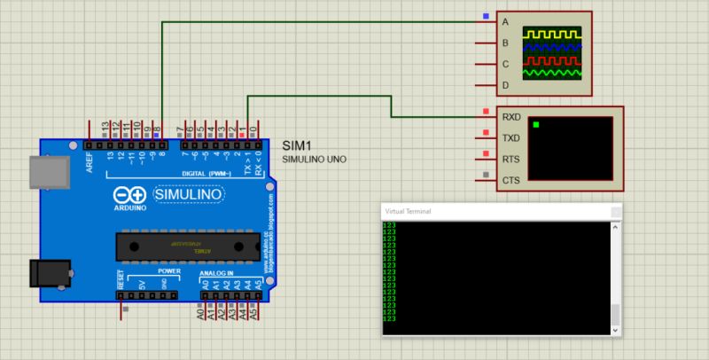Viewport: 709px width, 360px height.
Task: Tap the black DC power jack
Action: pyautogui.click(x=46, y=272)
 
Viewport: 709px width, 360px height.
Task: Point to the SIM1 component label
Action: pyautogui.click(x=296, y=145)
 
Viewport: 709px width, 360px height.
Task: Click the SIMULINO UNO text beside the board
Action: pyautogui.click(x=315, y=160)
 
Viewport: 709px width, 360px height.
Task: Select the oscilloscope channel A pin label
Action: pyautogui.click(x=505, y=21)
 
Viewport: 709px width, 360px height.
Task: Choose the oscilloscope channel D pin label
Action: pyautogui.click(x=505, y=85)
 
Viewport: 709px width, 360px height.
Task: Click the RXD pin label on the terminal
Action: pyautogui.click(x=511, y=116)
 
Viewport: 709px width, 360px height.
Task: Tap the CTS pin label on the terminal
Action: pyautogui.click(x=511, y=180)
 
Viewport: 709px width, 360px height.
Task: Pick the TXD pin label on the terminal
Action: pyautogui.click(x=511, y=137)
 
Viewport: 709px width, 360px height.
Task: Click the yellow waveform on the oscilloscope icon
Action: pyautogui.click(x=551, y=34)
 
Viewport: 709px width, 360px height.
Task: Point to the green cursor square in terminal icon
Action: pyautogui.click(x=536, y=124)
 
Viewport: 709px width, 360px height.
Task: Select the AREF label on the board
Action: pyautogui.click(x=90, y=160)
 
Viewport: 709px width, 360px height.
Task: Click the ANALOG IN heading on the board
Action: pyautogui.click(x=216, y=272)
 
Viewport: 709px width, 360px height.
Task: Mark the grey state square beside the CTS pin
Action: pyautogui.click(x=485, y=174)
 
